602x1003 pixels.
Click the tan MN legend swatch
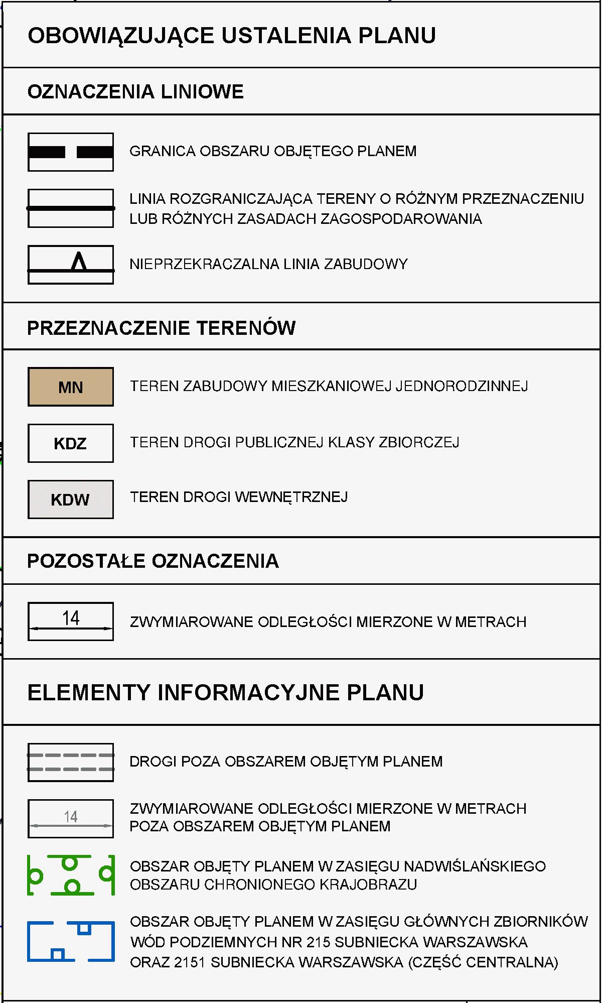[x=71, y=387]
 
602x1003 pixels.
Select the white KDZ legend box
[x=71, y=443]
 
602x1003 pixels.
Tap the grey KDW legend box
[x=71, y=499]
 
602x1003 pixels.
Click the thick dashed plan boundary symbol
[x=71, y=152]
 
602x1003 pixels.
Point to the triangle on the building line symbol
[x=79, y=262]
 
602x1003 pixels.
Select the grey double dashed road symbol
[x=71, y=762]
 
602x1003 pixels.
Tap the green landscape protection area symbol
[x=71, y=875]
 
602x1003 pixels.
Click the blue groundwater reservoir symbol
[x=71, y=941]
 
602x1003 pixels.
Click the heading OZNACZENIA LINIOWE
[x=135, y=92]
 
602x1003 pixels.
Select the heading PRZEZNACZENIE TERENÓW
[x=161, y=328]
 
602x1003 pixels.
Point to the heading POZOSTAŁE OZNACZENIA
[x=153, y=561]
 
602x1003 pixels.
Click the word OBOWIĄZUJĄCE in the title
[x=121, y=36]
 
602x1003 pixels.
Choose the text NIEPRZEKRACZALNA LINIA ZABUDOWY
[x=268, y=264]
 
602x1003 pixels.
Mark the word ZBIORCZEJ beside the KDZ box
[x=419, y=442]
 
